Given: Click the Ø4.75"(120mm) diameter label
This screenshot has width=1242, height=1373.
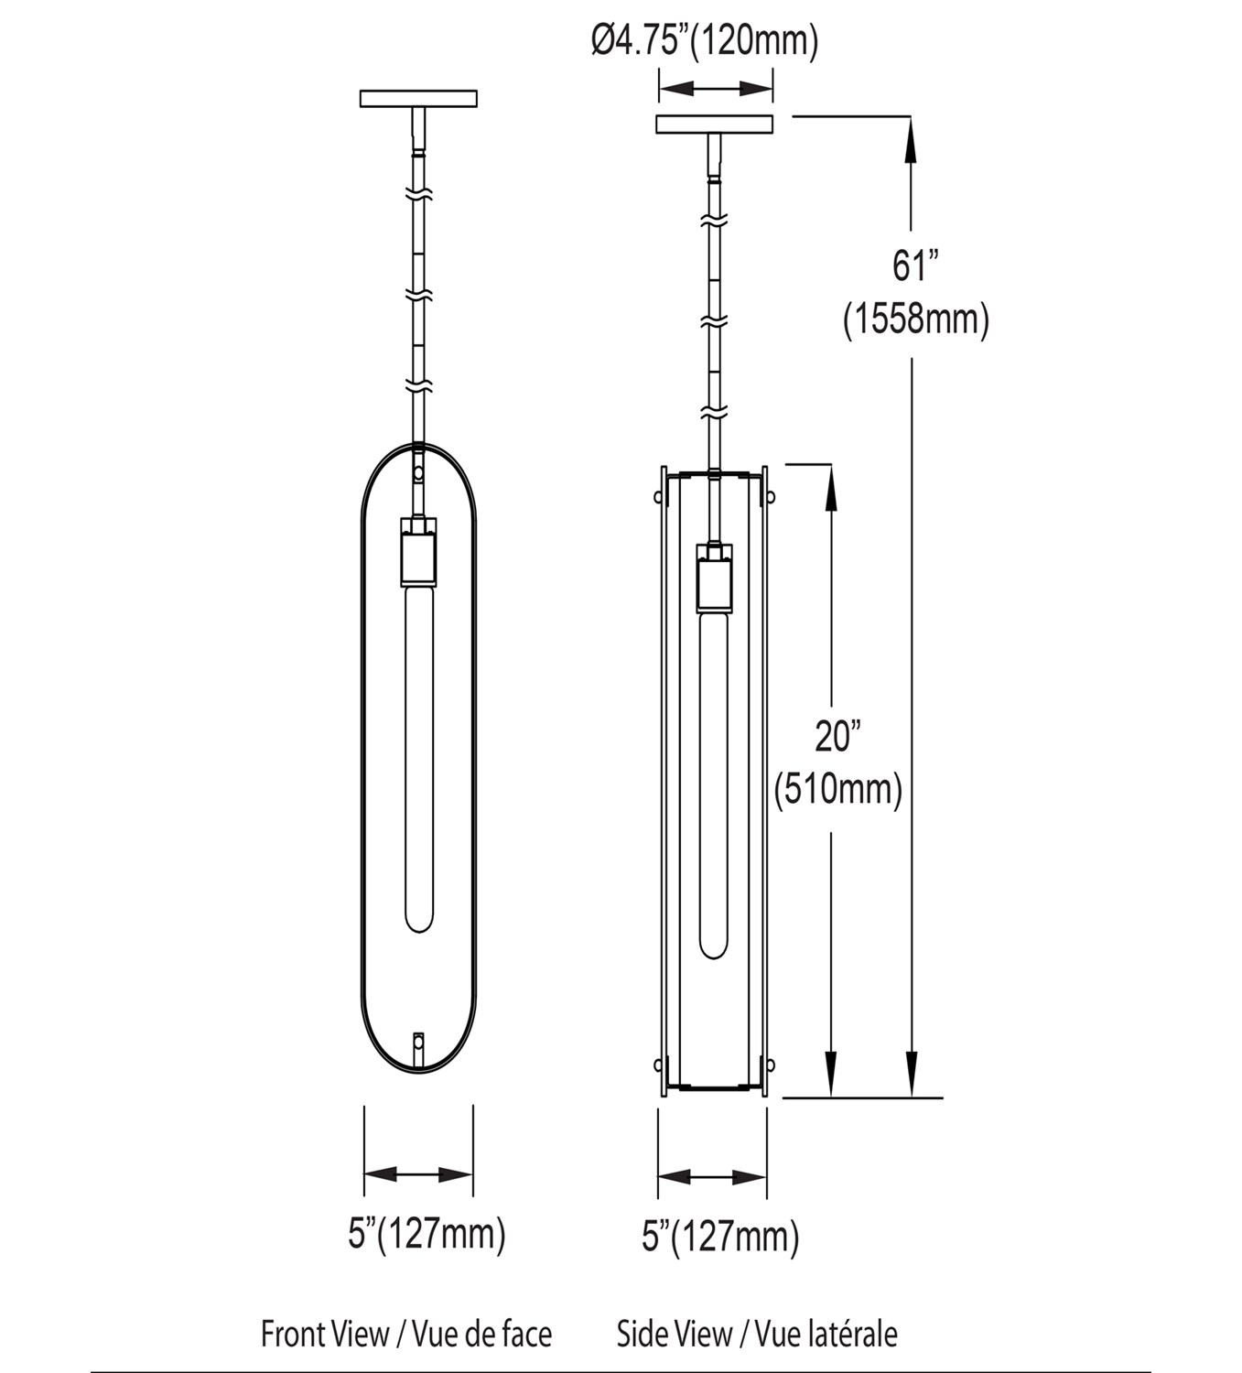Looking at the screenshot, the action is pos(705,42).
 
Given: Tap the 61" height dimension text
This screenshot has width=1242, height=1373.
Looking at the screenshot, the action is pos(914,265).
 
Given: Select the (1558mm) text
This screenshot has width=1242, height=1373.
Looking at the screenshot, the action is pos(916,319).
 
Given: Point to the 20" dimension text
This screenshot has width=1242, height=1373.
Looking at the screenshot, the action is pos(837,737).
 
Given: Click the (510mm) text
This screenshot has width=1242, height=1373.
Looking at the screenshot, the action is pos(838,790).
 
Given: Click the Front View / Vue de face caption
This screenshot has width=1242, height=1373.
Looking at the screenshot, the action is pos(406,1334).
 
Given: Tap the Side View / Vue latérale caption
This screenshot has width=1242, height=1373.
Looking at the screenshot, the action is pos(757,1334).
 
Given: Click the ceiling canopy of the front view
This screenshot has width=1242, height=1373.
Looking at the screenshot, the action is pos(418,99).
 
